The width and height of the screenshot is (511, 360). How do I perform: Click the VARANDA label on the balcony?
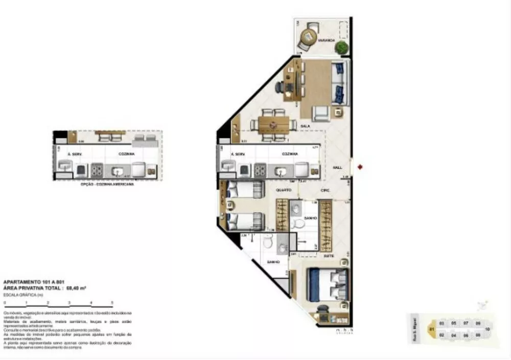coord(326,39)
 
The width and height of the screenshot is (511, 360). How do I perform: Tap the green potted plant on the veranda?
coord(341,48)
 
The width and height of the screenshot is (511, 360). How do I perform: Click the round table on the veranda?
coord(308,36)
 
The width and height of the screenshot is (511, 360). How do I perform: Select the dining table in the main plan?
coord(273,124)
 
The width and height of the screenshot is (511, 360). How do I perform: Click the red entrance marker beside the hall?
coord(360,167)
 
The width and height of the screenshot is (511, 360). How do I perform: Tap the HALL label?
coord(338,166)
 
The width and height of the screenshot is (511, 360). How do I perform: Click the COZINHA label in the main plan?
coord(290,153)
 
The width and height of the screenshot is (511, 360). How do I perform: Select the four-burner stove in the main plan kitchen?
coord(260,170)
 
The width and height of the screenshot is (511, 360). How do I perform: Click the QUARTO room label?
coord(284,190)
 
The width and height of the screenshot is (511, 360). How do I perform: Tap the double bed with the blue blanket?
coord(328,285)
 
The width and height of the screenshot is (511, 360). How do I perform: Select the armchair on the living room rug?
coord(321,112)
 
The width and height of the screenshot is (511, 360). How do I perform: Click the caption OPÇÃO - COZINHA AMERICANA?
coord(108,184)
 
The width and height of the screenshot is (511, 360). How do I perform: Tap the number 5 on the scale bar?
coord(112,303)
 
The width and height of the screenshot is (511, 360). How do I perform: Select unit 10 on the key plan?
coord(487,329)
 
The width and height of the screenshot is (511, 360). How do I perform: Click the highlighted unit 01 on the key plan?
coord(432,329)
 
